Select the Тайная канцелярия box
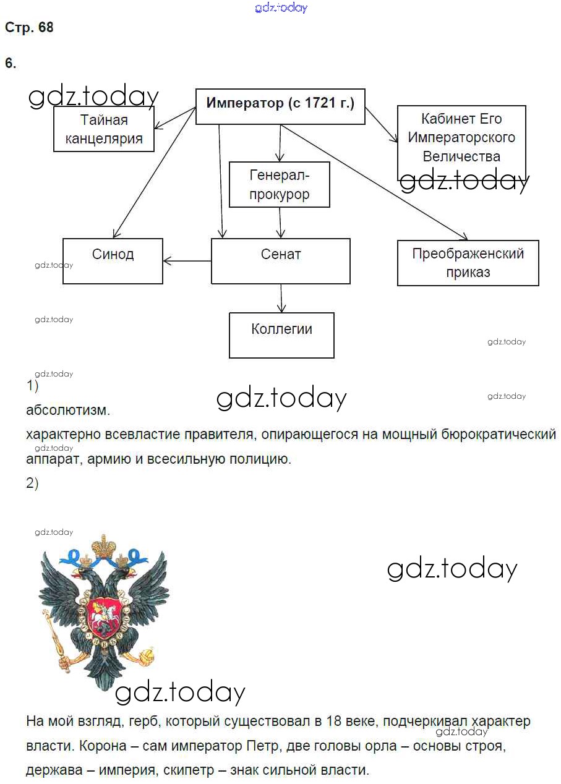[103, 129]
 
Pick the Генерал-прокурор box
[280, 185]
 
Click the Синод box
[113, 260]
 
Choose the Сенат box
[281, 260]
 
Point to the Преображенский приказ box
[468, 263]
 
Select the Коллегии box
[281, 334]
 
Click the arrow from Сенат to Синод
[187, 261]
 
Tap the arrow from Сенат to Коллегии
[281, 298]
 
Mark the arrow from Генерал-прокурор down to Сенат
[280, 223]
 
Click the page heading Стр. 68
[29, 28]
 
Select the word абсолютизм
[68, 410]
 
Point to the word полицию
[260, 459]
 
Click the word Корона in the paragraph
[101, 746]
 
